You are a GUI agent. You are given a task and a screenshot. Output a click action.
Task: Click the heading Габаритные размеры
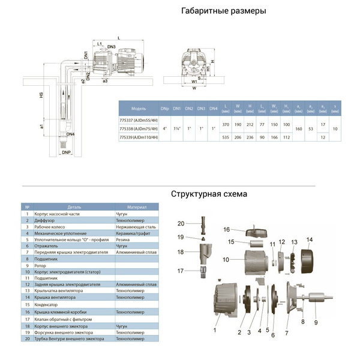click(x=223, y=11)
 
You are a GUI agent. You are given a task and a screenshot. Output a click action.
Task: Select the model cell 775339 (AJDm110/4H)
click(x=139, y=138)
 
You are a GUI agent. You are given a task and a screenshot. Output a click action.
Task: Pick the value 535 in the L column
click(x=224, y=138)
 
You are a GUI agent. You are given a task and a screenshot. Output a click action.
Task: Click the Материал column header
click(x=137, y=207)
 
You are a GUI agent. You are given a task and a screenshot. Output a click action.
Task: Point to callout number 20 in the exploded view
click(x=181, y=223)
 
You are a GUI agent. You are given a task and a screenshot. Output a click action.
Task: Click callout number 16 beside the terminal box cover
click(x=227, y=229)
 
